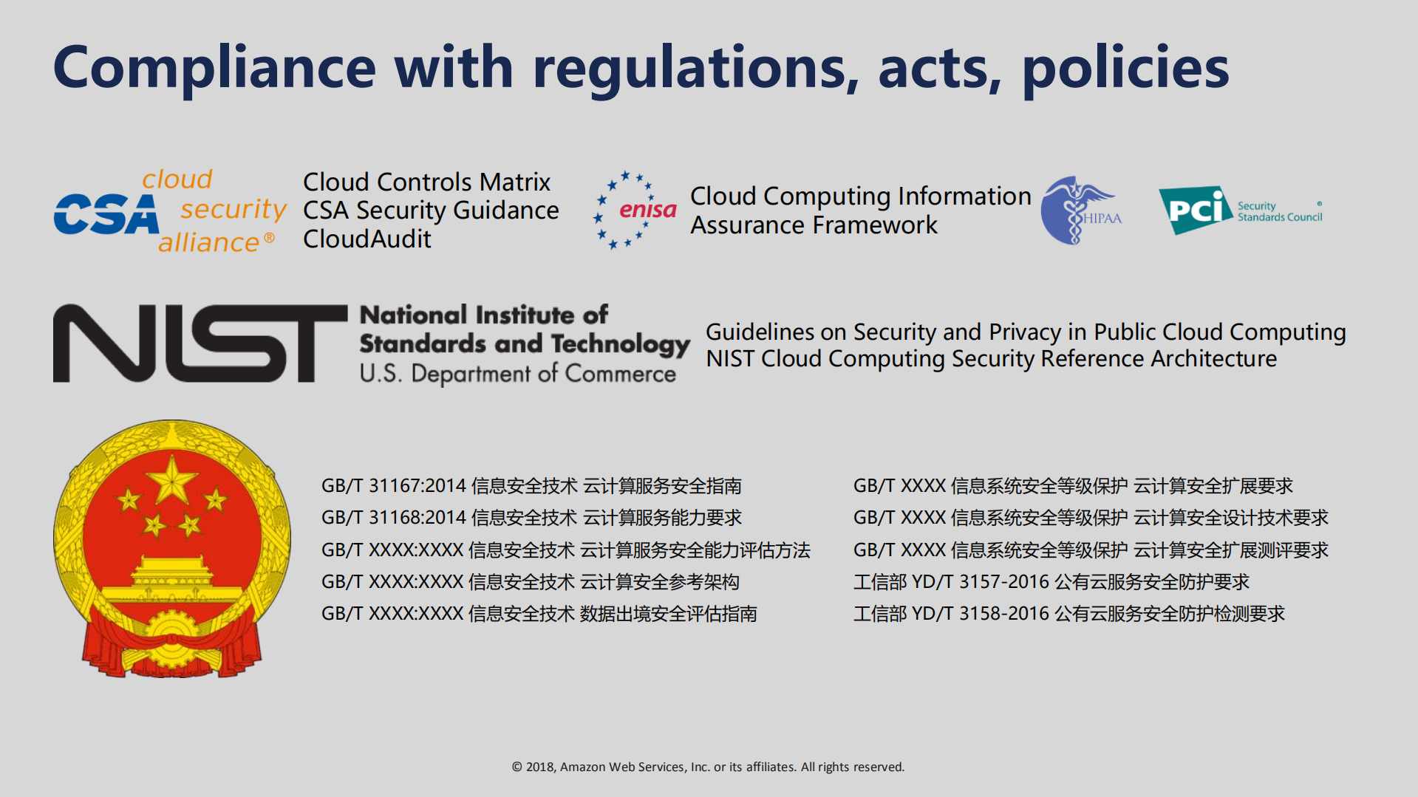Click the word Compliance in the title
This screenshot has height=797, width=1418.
click(x=215, y=68)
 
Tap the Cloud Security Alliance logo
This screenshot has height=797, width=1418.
click(x=170, y=211)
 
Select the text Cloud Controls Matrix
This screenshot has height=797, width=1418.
click(x=426, y=182)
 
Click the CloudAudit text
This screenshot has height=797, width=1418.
click(x=367, y=239)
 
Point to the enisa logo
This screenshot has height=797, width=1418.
click(x=635, y=211)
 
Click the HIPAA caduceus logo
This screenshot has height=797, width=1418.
click(x=1080, y=211)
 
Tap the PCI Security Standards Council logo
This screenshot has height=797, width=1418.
click(x=1240, y=210)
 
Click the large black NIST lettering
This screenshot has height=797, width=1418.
click(x=200, y=343)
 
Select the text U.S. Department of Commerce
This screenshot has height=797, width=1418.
click(x=517, y=374)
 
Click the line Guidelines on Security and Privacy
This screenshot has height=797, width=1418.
click(x=1026, y=332)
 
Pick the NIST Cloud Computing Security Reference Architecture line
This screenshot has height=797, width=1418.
click(x=991, y=359)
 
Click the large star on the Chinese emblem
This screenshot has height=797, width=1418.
click(x=171, y=480)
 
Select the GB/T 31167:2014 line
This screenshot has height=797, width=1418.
click(x=531, y=486)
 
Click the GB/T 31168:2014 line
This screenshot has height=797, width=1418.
click(x=531, y=518)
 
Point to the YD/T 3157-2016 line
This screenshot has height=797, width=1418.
click(x=1051, y=582)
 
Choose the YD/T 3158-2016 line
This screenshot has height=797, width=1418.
click(x=1069, y=614)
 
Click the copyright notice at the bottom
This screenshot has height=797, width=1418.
click(x=708, y=767)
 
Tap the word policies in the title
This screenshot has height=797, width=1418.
click(x=1125, y=68)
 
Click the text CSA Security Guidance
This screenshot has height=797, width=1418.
click(x=431, y=211)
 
